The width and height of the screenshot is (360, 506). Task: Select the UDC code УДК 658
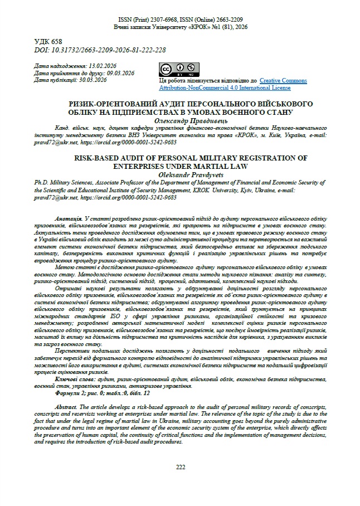point(48,42)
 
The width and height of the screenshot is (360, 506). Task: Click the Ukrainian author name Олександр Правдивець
point(180,120)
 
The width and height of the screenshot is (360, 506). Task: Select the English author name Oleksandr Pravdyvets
point(180,174)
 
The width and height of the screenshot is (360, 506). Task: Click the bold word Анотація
point(70,216)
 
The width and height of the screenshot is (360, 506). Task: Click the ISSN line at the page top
point(180,18)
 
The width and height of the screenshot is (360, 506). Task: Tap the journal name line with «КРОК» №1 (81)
point(180,26)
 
